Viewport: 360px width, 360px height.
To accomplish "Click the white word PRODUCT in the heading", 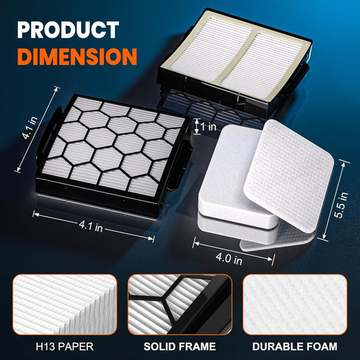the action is pos(68,30).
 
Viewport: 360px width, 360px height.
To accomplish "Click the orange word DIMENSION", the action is pos(77,57).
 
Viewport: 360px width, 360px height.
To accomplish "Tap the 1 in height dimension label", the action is pos(209,126).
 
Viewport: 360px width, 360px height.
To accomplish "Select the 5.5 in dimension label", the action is pos(341,205).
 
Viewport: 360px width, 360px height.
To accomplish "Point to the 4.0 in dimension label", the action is pos(229,259).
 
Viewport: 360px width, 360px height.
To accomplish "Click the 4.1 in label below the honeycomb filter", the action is pos(91,226).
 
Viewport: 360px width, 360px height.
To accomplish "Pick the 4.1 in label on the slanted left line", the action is pos(30,128).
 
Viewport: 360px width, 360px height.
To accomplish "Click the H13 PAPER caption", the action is pos(65,346).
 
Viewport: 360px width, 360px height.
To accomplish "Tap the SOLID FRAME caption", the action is pos(180,346).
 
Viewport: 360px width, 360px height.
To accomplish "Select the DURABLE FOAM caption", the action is pos(294,346).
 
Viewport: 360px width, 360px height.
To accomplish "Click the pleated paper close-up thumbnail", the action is pos(65,305).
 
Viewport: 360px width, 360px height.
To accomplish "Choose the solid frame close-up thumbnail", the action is pos(180,305).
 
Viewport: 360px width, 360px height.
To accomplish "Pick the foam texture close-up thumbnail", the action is pos(294,305).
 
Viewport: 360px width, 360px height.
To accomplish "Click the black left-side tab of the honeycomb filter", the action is pos(48,133).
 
